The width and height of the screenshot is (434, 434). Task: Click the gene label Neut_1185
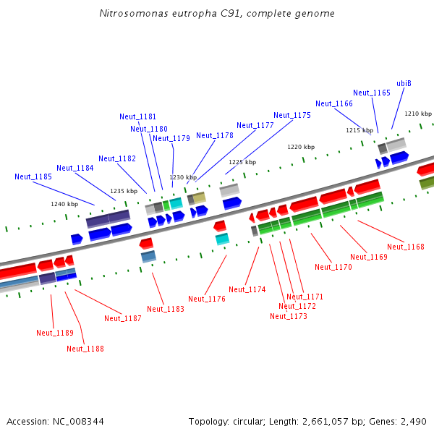point(33,176)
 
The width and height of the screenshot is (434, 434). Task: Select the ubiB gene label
point(404,83)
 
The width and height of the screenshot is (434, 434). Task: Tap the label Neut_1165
point(372,93)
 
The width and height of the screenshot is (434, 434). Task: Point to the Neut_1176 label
point(207,299)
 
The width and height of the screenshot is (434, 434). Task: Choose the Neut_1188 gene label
point(85,349)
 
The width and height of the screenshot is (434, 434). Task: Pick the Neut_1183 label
point(166,309)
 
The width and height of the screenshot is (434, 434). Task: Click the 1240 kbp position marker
point(64,204)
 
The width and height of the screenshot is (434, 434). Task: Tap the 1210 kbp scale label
point(418,114)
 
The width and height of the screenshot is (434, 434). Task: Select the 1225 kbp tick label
point(242,163)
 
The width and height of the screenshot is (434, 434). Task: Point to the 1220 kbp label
point(301,147)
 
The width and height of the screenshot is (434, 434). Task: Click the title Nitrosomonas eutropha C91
point(217,14)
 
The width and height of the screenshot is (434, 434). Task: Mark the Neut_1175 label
point(292,115)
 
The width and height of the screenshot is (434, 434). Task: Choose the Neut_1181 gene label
point(138,117)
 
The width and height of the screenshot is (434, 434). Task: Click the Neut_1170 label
point(333,267)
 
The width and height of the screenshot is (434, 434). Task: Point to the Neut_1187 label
point(123,318)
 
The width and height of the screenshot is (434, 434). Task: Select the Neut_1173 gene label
point(289,316)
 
